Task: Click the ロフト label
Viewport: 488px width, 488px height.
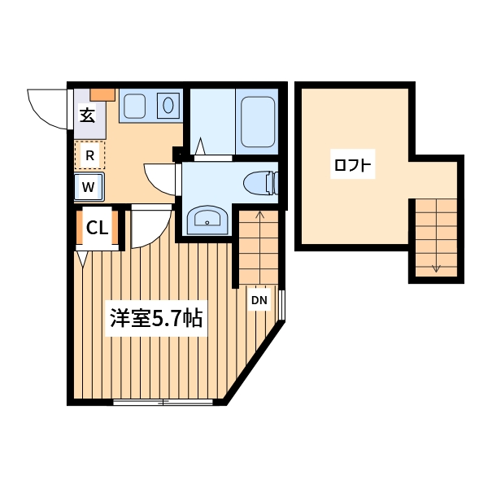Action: click(x=352, y=166)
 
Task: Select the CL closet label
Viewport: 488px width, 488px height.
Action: click(x=98, y=229)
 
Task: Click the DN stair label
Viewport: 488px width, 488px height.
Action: click(x=259, y=301)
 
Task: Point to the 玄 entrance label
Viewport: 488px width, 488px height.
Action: click(x=87, y=115)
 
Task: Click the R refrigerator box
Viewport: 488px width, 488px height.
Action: click(x=90, y=155)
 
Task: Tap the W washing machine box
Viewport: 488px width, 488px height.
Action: click(x=89, y=187)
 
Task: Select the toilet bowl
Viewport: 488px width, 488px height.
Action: click(x=260, y=183)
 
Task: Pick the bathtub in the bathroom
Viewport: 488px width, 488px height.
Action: click(x=257, y=121)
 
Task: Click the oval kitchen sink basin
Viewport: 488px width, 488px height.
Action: click(x=168, y=105)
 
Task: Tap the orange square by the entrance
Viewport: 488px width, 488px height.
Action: click(x=102, y=94)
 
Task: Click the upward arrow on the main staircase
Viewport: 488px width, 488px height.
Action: click(x=259, y=215)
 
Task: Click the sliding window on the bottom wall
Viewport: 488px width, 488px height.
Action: click(x=163, y=402)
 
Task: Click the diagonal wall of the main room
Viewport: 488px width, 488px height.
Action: click(x=254, y=362)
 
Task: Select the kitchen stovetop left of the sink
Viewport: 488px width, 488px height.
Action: click(x=134, y=105)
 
